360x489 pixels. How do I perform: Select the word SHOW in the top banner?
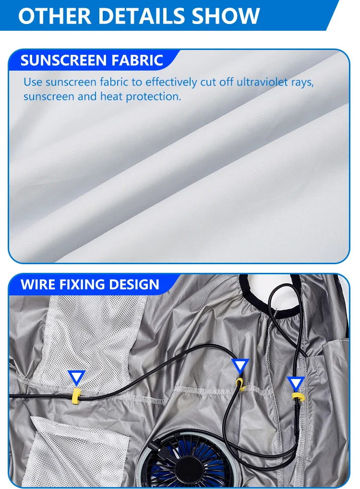point(226,15)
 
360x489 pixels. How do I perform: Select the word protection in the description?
point(154,96)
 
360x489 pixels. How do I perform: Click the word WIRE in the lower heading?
point(39,284)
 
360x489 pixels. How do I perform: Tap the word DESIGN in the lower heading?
point(137,284)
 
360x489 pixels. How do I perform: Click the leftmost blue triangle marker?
point(76,377)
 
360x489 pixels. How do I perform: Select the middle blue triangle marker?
point(240,366)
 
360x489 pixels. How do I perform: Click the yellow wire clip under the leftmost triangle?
point(75,395)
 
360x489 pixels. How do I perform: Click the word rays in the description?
point(303,82)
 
